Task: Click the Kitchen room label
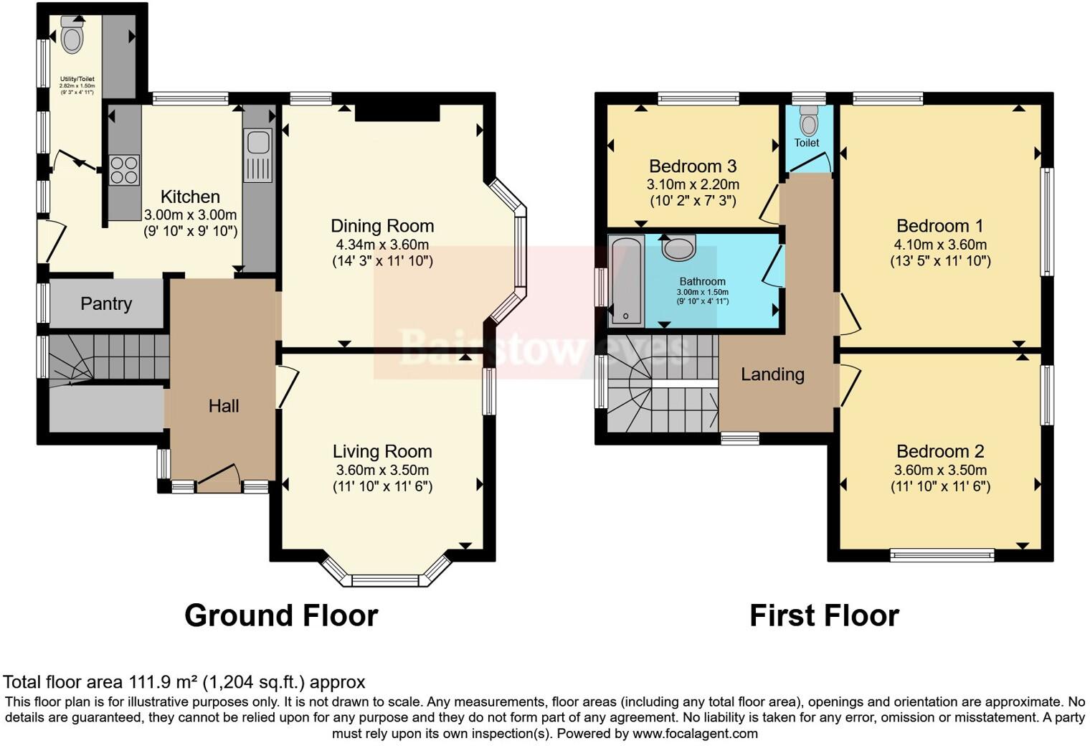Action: pyautogui.click(x=190, y=197)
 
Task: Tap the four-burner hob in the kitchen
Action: pyautogui.click(x=124, y=170)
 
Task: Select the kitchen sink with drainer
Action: pyautogui.click(x=257, y=155)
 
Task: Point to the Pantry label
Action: pyautogui.click(x=106, y=303)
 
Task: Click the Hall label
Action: pyautogui.click(x=223, y=406)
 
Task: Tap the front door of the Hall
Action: pyautogui.click(x=218, y=479)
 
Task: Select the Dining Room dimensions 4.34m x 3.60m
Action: pyautogui.click(x=382, y=245)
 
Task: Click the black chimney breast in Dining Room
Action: pyautogui.click(x=397, y=112)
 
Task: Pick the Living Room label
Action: pyautogui.click(x=382, y=451)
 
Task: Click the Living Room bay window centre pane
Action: pyautogui.click(x=385, y=580)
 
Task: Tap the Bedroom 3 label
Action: pyautogui.click(x=693, y=166)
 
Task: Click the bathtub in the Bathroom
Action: pyautogui.click(x=626, y=280)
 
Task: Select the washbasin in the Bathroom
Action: pyautogui.click(x=678, y=247)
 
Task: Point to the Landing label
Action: pyautogui.click(x=772, y=374)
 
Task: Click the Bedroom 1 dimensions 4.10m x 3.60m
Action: pyautogui.click(x=940, y=245)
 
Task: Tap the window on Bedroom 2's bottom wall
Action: pyautogui.click(x=942, y=554)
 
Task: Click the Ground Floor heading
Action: pyautogui.click(x=281, y=615)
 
